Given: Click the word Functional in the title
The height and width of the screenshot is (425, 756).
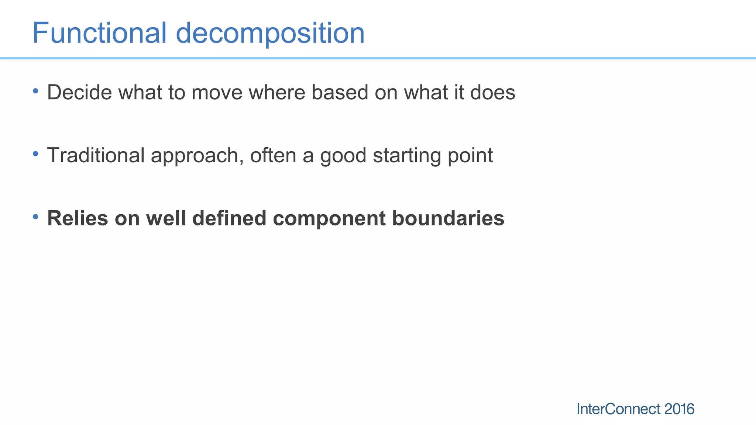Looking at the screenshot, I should (99, 33).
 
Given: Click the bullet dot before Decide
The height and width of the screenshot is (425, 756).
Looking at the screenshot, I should (35, 90).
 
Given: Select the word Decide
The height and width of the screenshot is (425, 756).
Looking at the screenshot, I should (79, 92).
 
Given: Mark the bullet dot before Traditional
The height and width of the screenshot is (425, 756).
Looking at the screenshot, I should (35, 153).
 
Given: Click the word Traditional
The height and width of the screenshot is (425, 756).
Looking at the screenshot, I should (96, 155).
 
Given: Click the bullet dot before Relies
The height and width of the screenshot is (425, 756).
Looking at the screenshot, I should (35, 217).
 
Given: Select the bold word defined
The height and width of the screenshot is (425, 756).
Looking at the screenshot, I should (229, 218).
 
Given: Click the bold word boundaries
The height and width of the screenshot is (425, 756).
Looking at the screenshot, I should (448, 218).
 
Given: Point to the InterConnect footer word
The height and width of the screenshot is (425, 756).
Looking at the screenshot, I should (618, 409).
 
